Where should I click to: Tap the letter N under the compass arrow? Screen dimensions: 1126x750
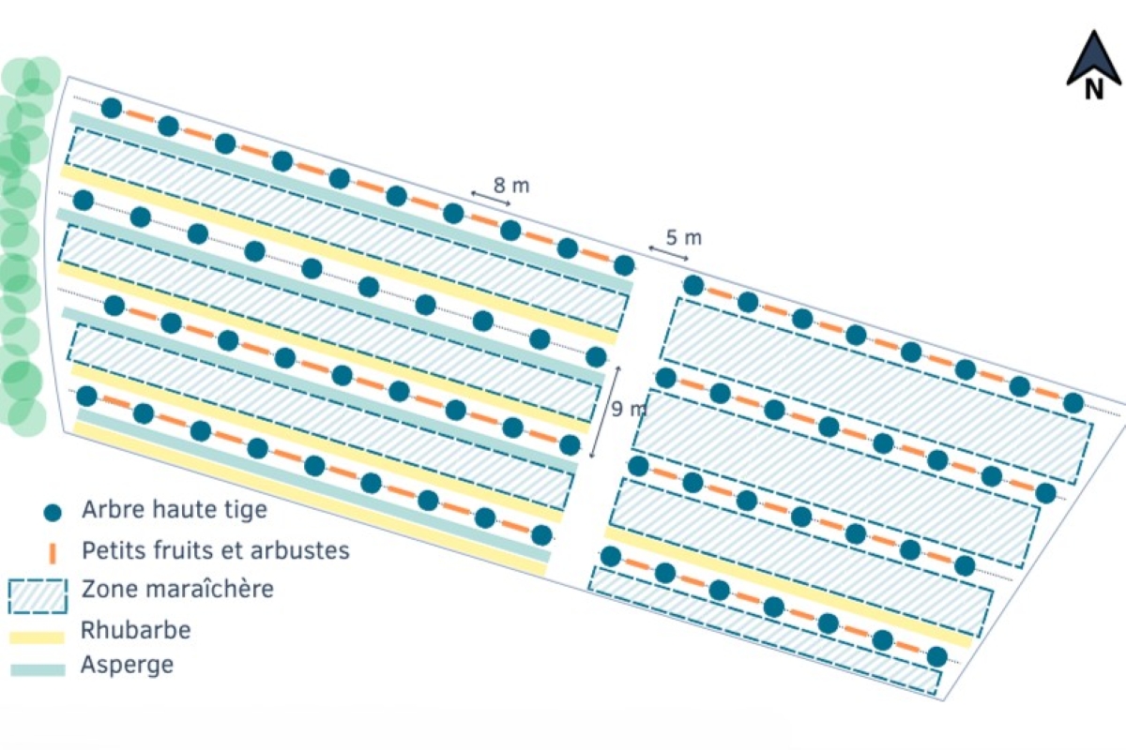[1094, 89]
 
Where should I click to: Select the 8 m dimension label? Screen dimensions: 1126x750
[511, 186]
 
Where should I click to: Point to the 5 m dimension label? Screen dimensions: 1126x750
[684, 237]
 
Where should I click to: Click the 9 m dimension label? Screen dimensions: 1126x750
[629, 410]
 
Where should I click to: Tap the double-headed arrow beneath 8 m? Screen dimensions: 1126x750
[491, 198]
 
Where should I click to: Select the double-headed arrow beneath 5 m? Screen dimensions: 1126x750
[668, 253]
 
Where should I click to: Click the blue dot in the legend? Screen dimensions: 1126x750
[53, 513]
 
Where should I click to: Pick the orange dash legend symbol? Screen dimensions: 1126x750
[53, 552]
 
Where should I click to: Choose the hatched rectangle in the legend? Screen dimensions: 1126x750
[38, 596]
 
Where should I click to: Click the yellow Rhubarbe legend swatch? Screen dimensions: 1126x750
[38, 637]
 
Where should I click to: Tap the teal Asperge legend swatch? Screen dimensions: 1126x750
[38, 670]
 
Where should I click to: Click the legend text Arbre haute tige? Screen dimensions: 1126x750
[175, 510]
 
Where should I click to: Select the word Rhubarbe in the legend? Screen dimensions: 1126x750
[136, 630]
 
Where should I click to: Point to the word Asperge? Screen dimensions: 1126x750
[128, 665]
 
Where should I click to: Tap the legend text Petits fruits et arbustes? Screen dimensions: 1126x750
[216, 550]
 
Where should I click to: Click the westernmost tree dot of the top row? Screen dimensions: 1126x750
[112, 108]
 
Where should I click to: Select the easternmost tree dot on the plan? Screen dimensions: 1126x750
[1073, 403]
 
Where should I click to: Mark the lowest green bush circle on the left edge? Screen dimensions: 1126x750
[26, 418]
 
